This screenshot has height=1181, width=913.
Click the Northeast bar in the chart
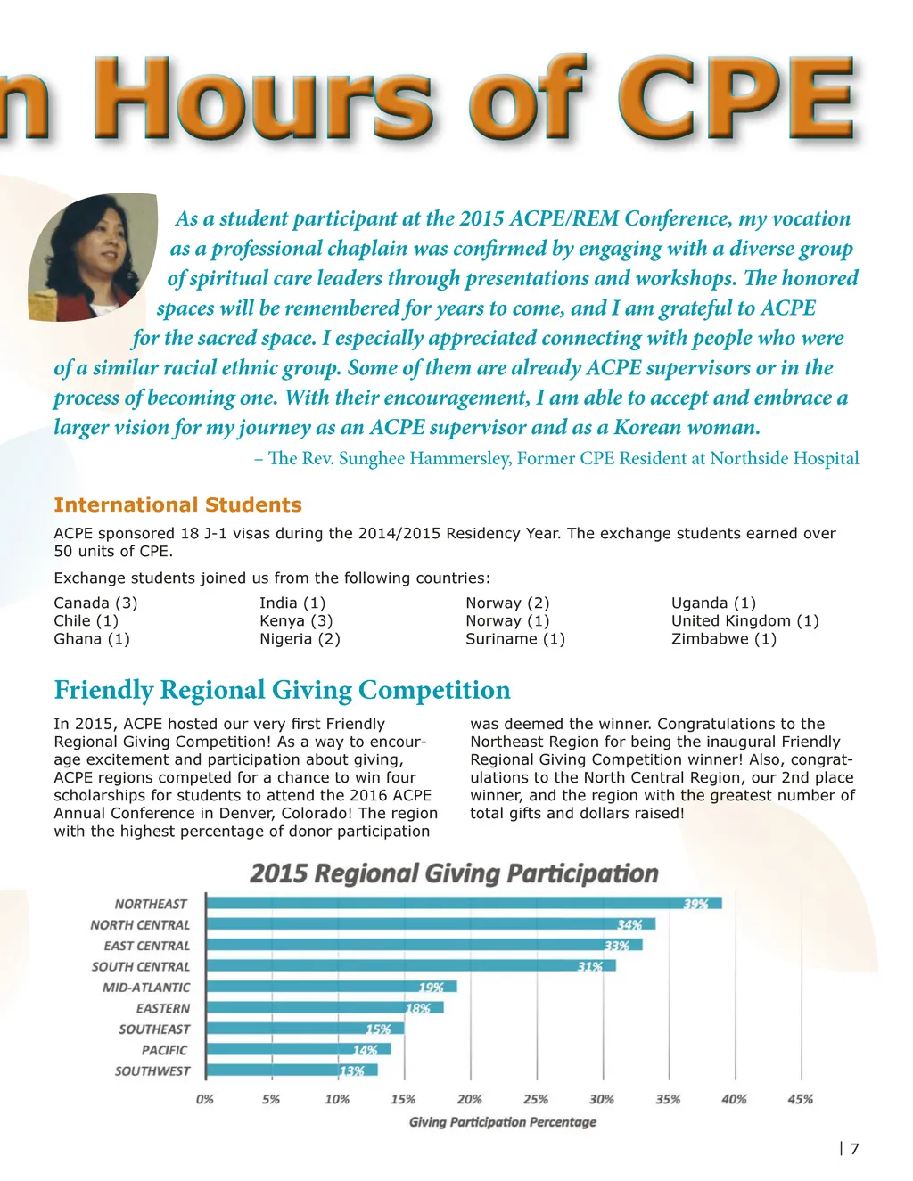[464, 903]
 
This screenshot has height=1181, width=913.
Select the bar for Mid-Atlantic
[331, 987]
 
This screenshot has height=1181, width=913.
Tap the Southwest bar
[292, 1070]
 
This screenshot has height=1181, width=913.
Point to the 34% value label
[629, 924]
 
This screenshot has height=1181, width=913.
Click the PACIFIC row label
[164, 1050]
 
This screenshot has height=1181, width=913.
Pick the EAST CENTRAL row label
[146, 946]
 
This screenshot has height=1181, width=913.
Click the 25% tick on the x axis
[536, 1099]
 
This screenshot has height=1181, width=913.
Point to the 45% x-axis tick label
[800, 1099]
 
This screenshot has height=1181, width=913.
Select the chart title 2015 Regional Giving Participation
[454, 873]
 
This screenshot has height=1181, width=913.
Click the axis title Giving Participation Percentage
[502, 1122]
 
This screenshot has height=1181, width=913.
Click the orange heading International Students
[177, 504]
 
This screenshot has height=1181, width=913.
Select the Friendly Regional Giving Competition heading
[282, 690]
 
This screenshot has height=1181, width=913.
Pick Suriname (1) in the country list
[515, 638]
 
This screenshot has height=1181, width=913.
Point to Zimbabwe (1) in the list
[724, 638]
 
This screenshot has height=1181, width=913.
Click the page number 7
[854, 1149]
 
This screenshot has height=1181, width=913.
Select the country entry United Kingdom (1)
[744, 620]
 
